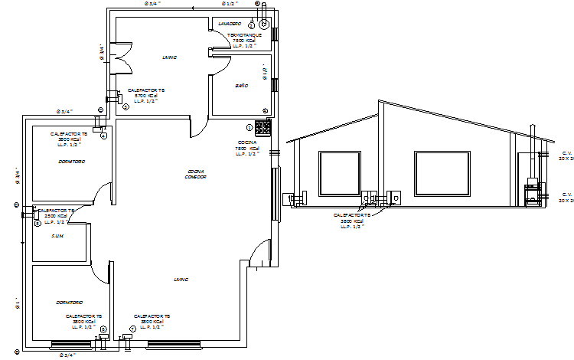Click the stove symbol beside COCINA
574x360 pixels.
[x=263, y=126]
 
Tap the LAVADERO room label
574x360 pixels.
[x=230, y=24]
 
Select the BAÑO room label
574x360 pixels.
[x=241, y=85]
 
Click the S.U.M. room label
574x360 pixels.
[x=57, y=236]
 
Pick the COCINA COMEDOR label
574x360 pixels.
[x=196, y=174]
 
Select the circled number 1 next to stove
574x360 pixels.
[x=249, y=127]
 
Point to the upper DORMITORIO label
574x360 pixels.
[x=71, y=162]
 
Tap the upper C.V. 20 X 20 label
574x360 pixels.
[x=567, y=156]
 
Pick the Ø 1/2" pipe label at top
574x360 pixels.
[x=228, y=4]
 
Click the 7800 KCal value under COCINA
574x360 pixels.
[x=247, y=149]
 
